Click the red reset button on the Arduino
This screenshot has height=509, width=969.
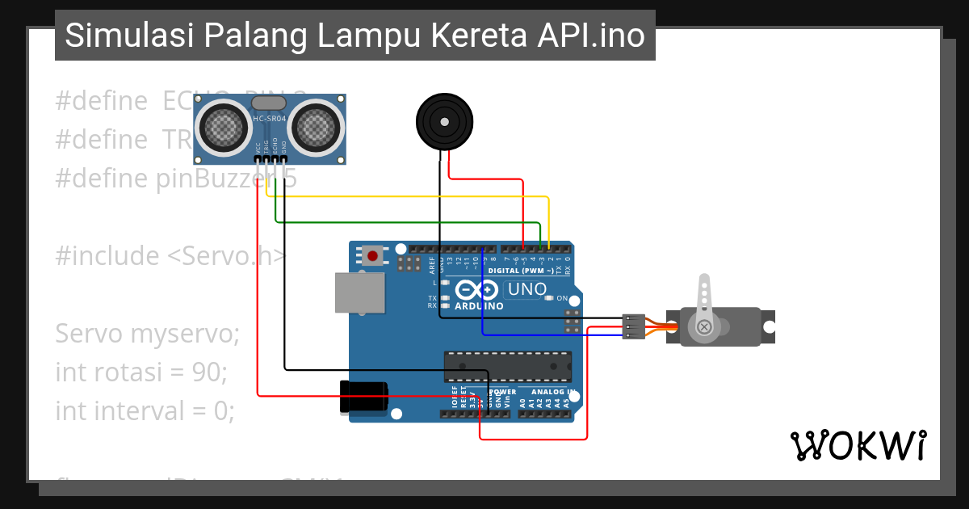372,256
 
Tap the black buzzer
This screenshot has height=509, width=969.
443,122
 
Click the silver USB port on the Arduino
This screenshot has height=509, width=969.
360,292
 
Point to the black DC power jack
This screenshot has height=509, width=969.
364,397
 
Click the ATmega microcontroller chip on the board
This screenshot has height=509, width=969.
507,366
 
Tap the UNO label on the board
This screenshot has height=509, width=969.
526,289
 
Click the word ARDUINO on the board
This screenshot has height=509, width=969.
479,306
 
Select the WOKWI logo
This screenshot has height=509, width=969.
858,445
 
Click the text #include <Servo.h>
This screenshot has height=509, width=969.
170,256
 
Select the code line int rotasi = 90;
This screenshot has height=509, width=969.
141,372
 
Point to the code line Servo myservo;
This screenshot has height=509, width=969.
147,333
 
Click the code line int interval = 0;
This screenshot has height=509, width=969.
145,411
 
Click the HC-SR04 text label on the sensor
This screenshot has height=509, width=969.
270,119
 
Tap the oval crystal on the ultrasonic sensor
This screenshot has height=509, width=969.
270,103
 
